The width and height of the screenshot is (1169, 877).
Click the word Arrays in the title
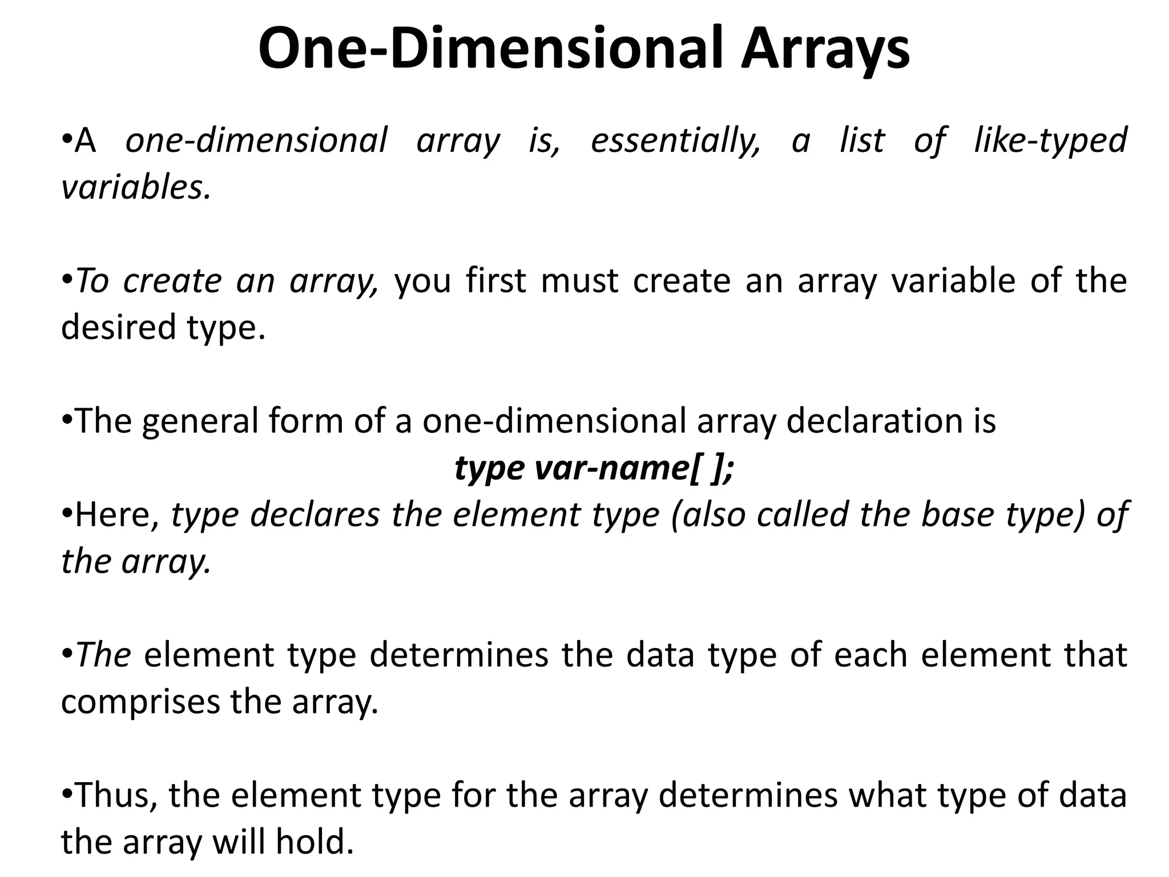[x=825, y=50]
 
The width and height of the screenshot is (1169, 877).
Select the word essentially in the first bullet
[x=675, y=140]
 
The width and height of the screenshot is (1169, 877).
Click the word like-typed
[x=1050, y=140]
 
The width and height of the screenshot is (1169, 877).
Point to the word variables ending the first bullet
[x=135, y=187]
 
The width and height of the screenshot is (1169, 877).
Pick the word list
[x=862, y=140]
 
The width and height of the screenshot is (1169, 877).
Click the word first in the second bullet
[x=495, y=281]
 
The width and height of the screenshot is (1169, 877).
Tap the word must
[x=579, y=281]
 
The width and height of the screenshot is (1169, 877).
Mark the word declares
[x=315, y=515]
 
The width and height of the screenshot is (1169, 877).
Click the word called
[x=803, y=515]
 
